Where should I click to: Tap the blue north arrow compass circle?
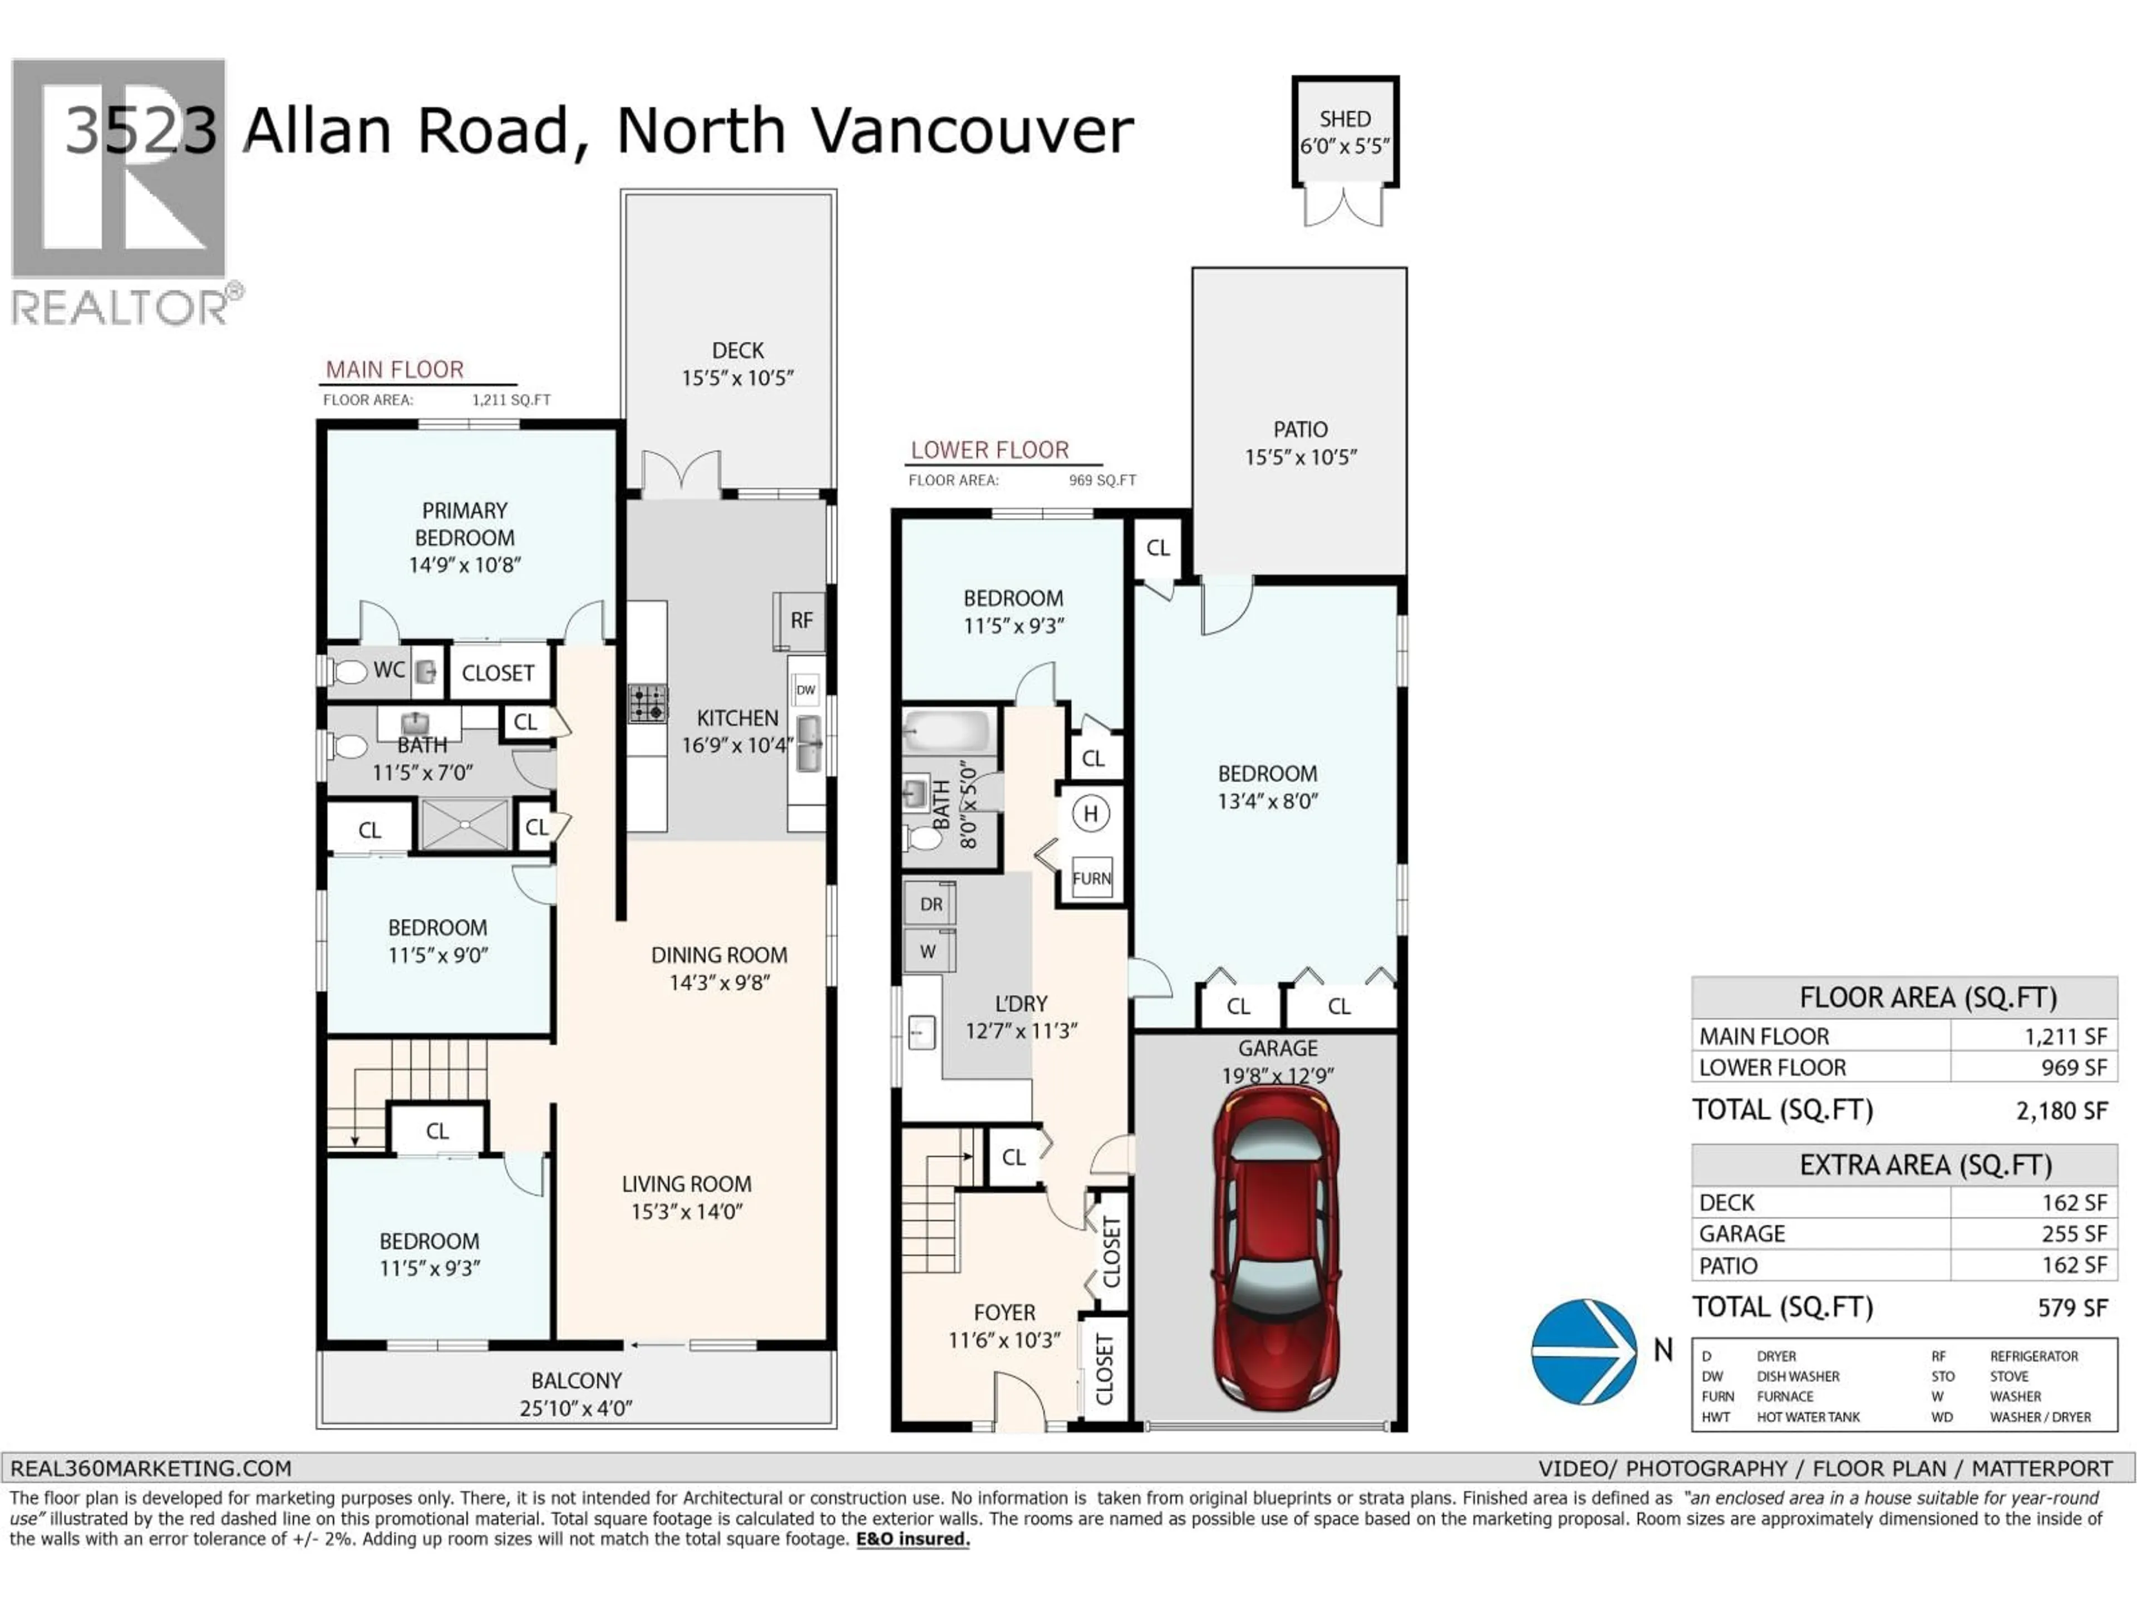point(1583,1351)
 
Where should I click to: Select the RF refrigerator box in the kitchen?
point(800,621)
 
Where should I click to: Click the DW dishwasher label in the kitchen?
point(806,690)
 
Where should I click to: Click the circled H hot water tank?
point(1091,814)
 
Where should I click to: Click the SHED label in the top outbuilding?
point(1345,119)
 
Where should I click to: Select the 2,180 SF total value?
point(2061,1111)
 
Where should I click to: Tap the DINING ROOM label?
point(719,955)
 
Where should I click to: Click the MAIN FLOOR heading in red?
point(394,369)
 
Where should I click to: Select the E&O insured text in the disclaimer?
point(912,1539)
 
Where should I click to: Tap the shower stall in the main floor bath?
point(465,824)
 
